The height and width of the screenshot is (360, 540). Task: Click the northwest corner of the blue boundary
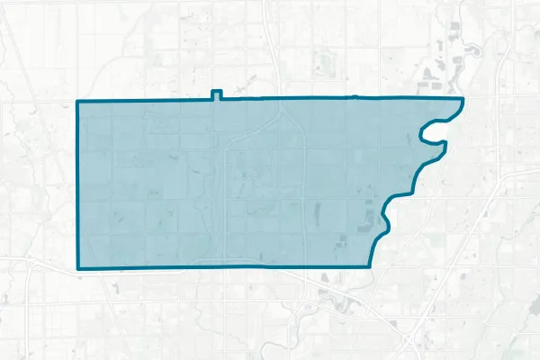[78, 102]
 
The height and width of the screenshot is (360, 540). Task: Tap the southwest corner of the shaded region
[78, 268]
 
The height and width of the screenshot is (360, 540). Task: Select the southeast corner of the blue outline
[371, 266]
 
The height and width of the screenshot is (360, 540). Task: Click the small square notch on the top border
[215, 94]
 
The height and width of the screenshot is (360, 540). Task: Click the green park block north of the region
[323, 63]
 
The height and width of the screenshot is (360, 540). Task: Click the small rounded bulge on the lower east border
[385, 216]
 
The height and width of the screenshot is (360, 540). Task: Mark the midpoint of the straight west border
[78, 184]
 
